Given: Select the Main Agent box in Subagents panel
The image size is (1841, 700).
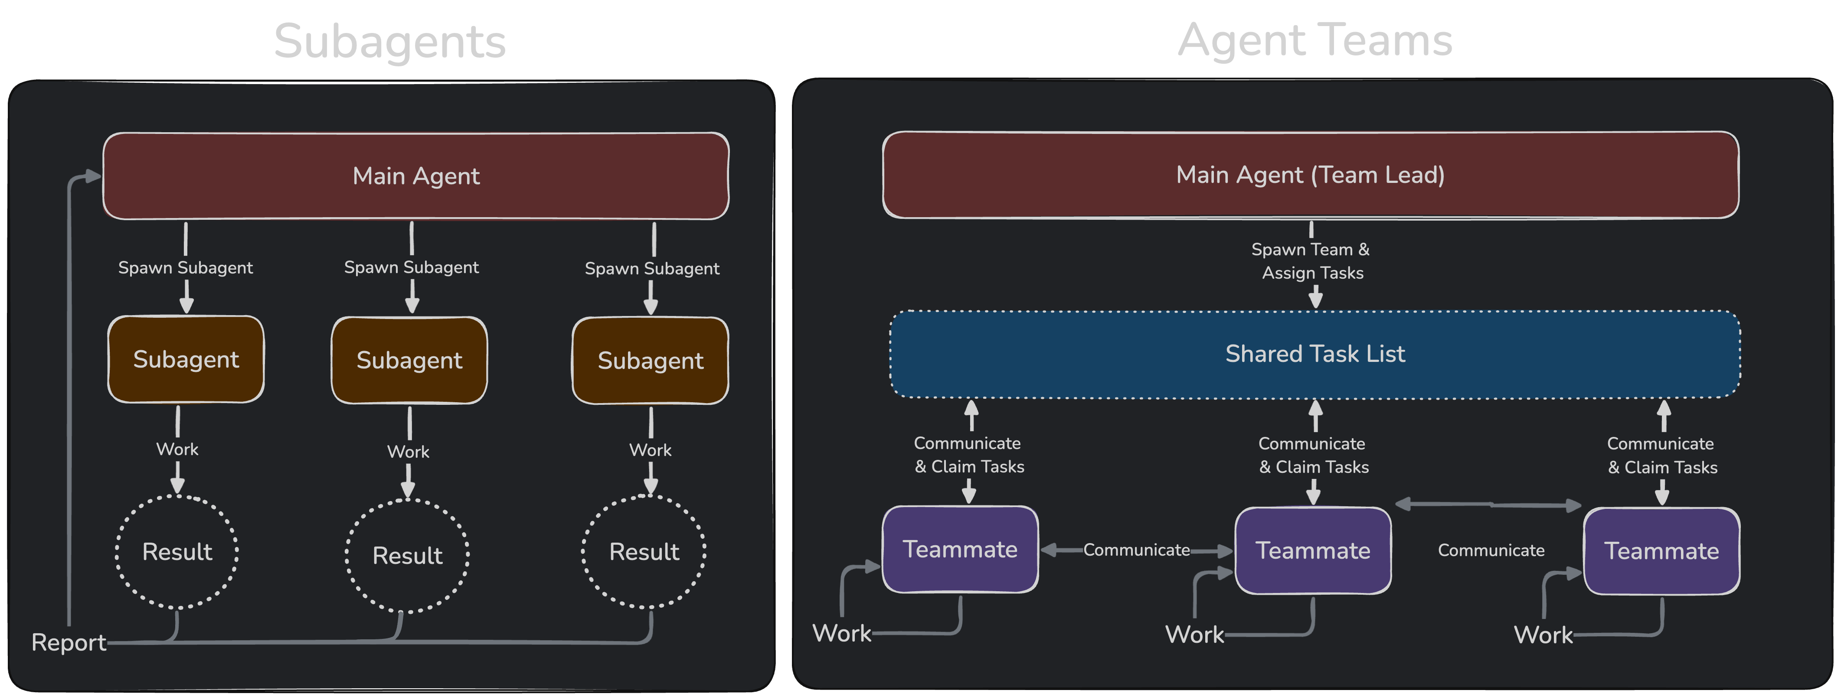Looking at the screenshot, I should click(x=416, y=176).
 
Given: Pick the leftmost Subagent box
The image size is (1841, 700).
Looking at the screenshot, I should click(x=186, y=359).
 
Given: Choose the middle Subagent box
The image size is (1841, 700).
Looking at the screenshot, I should click(x=409, y=360).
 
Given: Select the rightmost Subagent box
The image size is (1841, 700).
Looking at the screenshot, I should click(x=651, y=361).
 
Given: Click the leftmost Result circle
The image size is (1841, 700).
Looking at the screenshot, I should click(x=177, y=551).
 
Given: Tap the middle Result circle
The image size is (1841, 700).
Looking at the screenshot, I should click(x=407, y=555).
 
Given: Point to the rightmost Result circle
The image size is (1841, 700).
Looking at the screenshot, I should click(x=644, y=551).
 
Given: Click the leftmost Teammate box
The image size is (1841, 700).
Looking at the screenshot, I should click(x=960, y=549).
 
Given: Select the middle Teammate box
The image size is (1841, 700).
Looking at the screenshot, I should click(x=1313, y=551).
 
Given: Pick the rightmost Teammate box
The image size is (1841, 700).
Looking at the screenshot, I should click(x=1661, y=551).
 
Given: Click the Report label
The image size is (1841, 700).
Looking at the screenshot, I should click(x=69, y=642).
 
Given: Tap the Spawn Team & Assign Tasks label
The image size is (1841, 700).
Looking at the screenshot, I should click(x=1311, y=261).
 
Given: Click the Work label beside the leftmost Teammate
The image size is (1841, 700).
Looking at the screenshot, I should click(x=842, y=633).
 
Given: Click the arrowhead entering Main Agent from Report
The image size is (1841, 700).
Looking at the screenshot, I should click(x=93, y=176).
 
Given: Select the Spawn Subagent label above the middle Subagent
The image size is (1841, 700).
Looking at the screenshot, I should click(x=411, y=267).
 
